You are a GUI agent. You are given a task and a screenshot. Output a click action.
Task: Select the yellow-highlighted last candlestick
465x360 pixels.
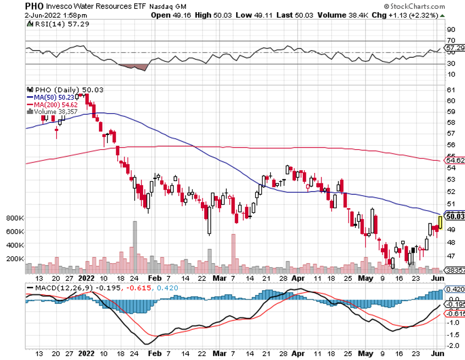[x=440, y=222]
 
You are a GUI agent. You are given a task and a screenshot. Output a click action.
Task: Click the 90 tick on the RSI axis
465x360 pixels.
[x=450, y=30]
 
